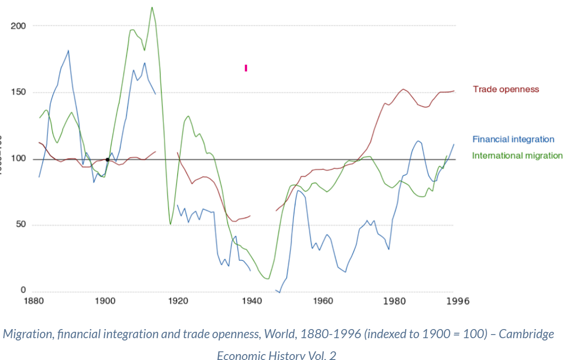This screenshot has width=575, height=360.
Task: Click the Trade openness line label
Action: (x=506, y=89)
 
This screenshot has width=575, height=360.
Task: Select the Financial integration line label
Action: (x=513, y=140)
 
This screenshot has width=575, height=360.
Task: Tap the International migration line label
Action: (x=517, y=155)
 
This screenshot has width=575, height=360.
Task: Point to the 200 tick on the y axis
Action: (x=18, y=26)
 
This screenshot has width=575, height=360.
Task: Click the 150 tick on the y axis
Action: (x=18, y=92)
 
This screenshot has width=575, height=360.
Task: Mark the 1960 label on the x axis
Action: (x=323, y=301)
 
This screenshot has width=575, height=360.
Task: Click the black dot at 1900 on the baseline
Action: (x=107, y=160)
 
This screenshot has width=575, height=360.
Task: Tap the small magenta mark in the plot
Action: (x=246, y=68)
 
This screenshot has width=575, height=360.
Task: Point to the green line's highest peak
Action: (x=152, y=7)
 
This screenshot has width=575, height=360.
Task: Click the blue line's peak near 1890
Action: (x=69, y=50)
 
